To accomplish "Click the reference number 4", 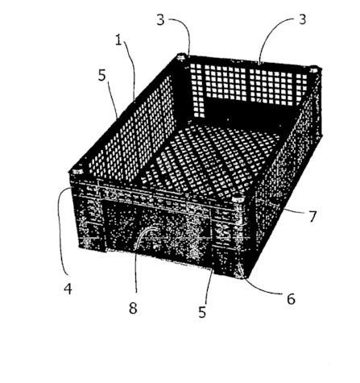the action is coord(68,289).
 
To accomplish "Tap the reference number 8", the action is coord(133,308).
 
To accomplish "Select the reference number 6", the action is coord(291,298).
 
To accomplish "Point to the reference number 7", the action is coord(312,217).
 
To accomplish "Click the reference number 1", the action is coord(118,40).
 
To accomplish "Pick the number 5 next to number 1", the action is coord(102,76).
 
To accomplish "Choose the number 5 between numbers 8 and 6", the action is coord(202,312).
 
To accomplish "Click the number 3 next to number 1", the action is coord(160,20).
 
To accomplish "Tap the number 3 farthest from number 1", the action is coord(302,19).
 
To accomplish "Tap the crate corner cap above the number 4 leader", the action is coord(77,172).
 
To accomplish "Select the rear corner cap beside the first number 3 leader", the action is coord(182,56).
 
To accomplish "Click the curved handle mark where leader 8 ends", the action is coord(147,232).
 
